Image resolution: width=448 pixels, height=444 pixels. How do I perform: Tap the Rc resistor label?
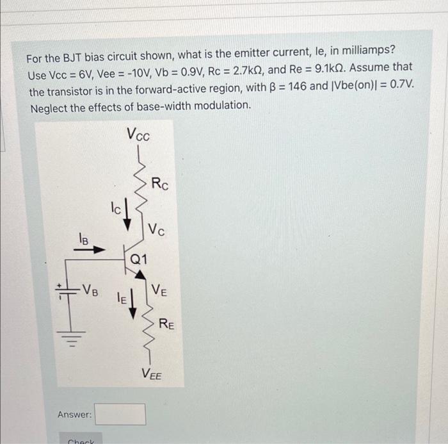tap(160, 185)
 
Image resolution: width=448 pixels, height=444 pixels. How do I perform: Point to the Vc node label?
tap(157, 229)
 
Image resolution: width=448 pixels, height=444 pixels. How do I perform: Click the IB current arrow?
tap(90, 249)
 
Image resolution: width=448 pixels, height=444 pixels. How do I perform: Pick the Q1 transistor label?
tap(139, 259)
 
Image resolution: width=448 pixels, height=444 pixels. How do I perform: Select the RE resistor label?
tap(166, 324)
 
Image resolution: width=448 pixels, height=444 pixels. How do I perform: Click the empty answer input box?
tap(121, 414)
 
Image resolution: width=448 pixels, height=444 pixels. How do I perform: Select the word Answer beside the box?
tap(75, 415)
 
